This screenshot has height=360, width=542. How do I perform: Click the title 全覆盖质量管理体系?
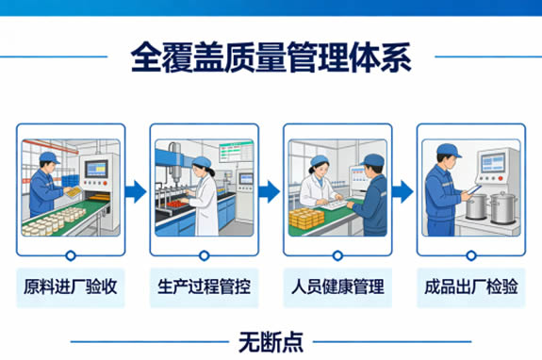pos(271,57)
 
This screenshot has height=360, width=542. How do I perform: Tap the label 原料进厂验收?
pos(71,286)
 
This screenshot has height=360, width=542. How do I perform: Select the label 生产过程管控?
pos(204,286)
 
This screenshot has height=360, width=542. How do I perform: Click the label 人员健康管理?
pos(337,286)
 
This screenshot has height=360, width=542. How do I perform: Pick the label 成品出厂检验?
pos(470,286)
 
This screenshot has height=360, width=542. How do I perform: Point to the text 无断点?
pos(271,342)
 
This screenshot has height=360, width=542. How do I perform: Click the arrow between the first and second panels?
pos(136,191)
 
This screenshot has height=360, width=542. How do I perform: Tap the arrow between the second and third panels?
pos(269,191)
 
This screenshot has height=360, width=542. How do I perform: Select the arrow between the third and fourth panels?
pos(402,191)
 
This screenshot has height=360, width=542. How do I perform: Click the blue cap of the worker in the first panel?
pos(49,157)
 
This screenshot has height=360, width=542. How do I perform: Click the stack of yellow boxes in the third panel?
pos(306,218)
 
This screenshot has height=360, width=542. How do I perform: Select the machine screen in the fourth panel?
pos(493,163)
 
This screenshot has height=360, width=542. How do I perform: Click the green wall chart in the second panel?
pos(236,151)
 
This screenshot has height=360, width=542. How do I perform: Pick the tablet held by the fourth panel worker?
pos(473,189)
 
